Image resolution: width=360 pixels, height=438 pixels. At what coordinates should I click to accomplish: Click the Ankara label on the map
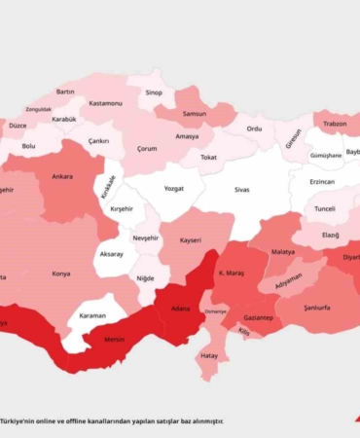pyautogui.click(x=62, y=177)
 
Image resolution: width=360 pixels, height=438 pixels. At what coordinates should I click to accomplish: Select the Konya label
pyautogui.click(x=61, y=274)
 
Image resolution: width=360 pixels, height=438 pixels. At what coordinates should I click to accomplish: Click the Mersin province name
pyautogui.click(x=117, y=341)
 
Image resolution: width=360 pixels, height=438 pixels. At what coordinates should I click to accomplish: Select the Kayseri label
pyautogui.click(x=191, y=239)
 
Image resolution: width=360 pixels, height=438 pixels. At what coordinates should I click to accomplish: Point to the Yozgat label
pyautogui.click(x=173, y=189)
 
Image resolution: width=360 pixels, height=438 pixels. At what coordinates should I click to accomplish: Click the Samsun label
pyautogui.click(x=194, y=113)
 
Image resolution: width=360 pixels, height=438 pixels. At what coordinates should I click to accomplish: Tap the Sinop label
pyautogui.click(x=154, y=92)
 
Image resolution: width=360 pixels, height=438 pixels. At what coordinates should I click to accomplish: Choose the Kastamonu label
pyautogui.click(x=105, y=102)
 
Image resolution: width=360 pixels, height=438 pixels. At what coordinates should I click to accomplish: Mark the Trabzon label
pyautogui.click(x=335, y=124)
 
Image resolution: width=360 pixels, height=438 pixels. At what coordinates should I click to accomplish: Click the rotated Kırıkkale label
pyautogui.click(x=107, y=187)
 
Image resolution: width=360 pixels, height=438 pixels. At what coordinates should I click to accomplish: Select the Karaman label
pyautogui.click(x=92, y=316)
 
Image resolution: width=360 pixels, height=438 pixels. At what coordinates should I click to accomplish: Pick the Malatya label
pyautogui.click(x=282, y=251)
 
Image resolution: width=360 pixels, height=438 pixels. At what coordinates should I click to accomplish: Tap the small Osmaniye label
pyautogui.click(x=216, y=311)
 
